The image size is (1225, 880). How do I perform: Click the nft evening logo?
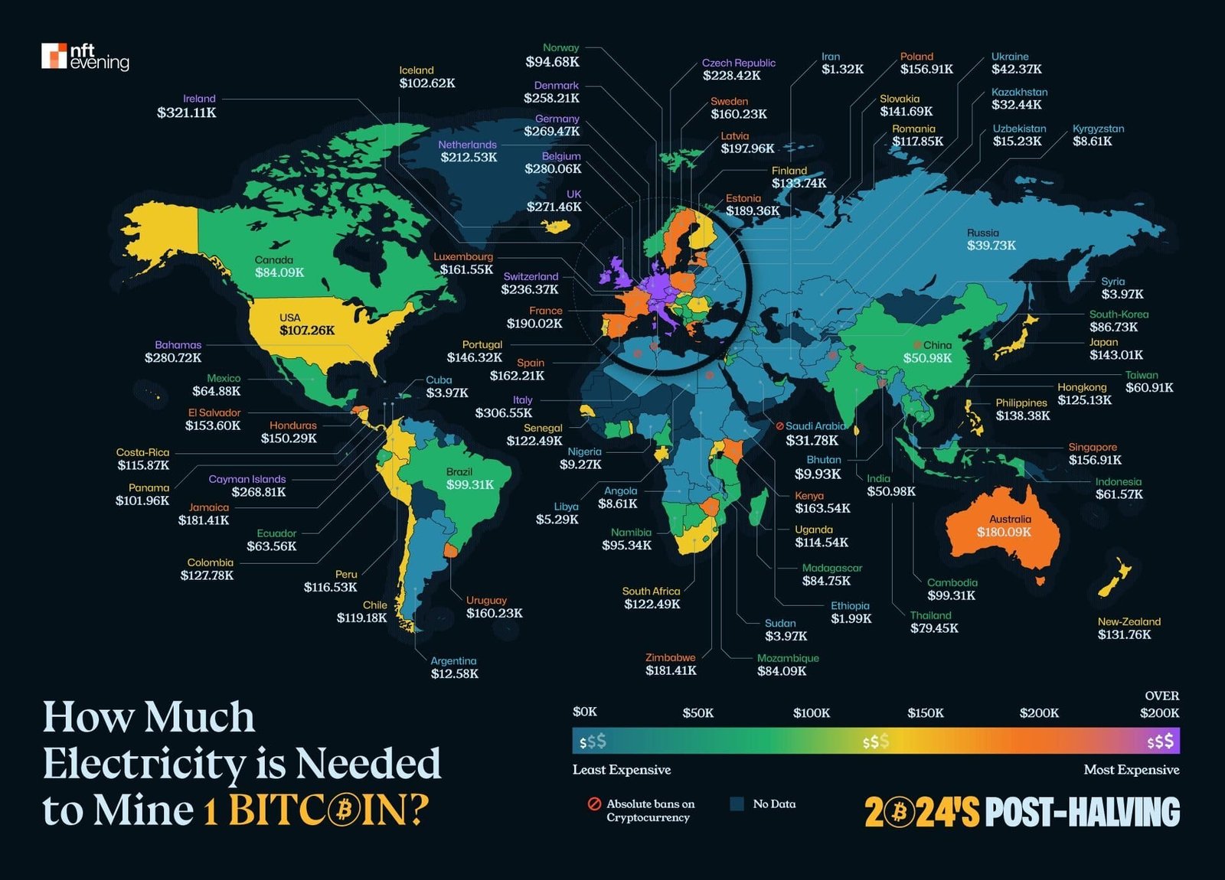click(85, 57)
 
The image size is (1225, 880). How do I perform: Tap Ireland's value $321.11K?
click(187, 113)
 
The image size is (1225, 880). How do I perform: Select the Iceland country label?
click(416, 70)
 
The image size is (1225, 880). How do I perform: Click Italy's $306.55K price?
click(503, 413)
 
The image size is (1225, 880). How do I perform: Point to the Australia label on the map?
click(1010, 520)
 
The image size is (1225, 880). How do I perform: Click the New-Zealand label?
click(1129, 622)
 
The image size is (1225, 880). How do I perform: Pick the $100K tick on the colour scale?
click(812, 713)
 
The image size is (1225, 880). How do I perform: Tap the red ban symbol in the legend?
click(594, 804)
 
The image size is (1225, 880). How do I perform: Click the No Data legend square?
click(737, 804)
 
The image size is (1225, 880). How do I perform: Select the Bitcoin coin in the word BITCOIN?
click(345, 810)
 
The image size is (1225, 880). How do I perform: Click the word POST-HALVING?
click(1082, 813)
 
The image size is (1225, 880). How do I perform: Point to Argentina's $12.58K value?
click(454, 674)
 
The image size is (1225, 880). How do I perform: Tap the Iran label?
click(831, 57)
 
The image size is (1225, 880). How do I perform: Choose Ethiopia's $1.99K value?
click(851, 618)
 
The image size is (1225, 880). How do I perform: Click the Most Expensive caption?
click(1131, 770)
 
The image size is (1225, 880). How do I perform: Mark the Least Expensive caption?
click(621, 770)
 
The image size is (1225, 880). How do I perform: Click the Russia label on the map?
click(982, 233)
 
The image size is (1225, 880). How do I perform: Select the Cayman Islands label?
click(247, 480)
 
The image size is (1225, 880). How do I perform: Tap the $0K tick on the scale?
click(584, 712)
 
